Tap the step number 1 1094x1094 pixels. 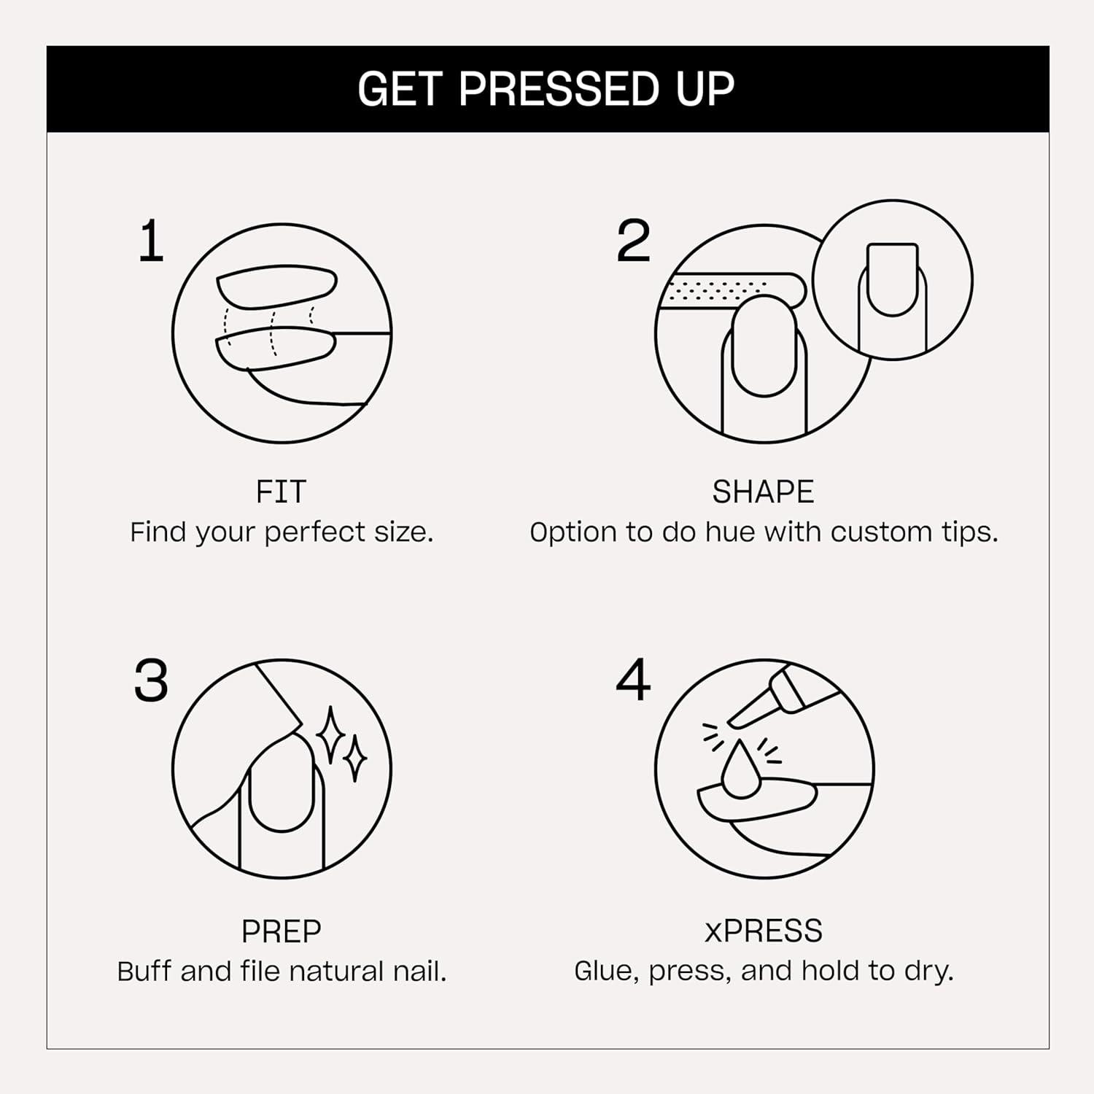pos(150,242)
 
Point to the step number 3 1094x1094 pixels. pos(151,681)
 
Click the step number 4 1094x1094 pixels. pos(633,680)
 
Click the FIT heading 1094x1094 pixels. pos(281,492)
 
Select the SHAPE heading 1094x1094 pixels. pos(763,492)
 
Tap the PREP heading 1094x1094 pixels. pos(281,931)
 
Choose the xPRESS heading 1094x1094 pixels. pos(763,931)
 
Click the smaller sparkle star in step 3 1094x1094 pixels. pos(355,759)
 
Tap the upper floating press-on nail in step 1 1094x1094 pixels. pos(277,286)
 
